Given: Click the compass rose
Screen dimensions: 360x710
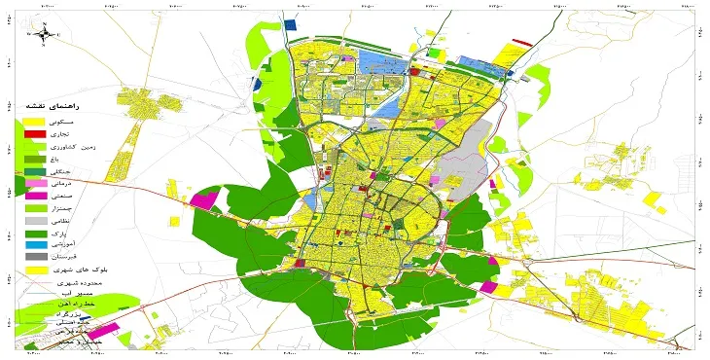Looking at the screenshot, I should pyautogui.click(x=44, y=35).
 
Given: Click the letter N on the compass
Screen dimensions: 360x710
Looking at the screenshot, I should pyautogui.click(x=44, y=24).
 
